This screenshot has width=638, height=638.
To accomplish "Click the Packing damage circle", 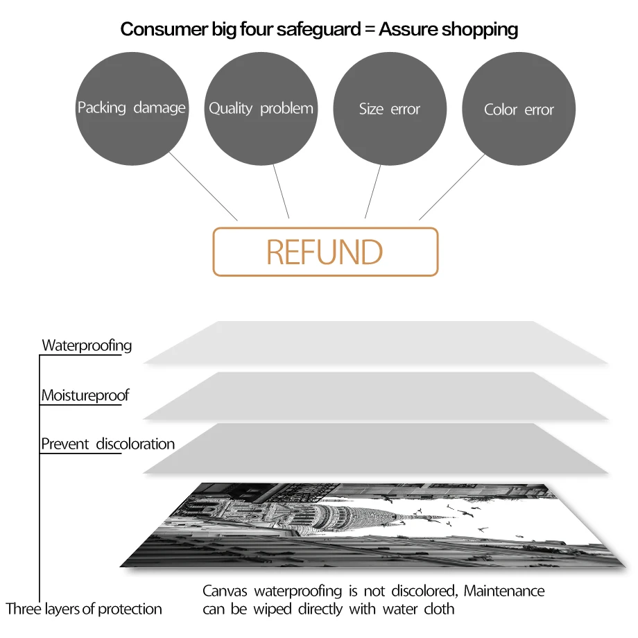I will (x=131, y=109).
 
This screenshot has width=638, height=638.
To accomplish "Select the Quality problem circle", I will (x=261, y=109).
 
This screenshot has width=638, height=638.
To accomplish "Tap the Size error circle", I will (x=390, y=109).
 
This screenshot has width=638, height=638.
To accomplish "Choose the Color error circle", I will (x=519, y=109).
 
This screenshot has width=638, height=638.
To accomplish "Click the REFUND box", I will (x=325, y=252).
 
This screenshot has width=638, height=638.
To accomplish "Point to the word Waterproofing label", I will (x=87, y=345).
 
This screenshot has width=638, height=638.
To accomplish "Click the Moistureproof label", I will (x=85, y=396).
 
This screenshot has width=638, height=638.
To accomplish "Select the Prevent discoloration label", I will (x=107, y=444).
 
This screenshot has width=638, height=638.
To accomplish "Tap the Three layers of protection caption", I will (x=84, y=610).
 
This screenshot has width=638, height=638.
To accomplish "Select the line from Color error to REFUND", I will (x=452, y=187).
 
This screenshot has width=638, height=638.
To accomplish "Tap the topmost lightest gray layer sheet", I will (x=374, y=343).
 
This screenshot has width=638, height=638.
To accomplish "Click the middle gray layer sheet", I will (x=374, y=395).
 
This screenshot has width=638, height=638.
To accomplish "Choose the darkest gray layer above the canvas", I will (x=374, y=448).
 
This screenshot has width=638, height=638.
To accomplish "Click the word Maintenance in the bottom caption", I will (x=504, y=592).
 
